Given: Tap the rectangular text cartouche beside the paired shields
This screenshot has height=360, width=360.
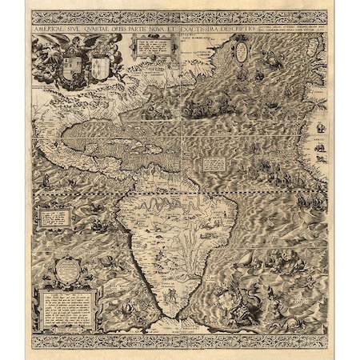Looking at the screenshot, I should click(x=150, y=47).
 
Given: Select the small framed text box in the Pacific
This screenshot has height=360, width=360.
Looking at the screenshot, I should click(x=54, y=216).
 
